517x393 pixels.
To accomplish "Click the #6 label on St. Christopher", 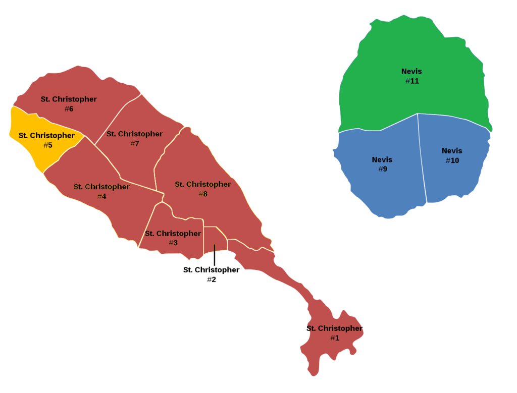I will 69,108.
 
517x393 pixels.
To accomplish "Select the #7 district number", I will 134,143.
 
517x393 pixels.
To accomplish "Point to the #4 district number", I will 101,196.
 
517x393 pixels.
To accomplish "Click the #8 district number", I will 202,194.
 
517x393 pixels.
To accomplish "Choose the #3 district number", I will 173,243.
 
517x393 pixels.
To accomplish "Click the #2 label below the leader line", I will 211,279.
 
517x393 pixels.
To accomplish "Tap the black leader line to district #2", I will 215,255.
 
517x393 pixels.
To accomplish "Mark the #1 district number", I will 334,338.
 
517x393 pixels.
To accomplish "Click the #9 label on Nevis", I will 382,169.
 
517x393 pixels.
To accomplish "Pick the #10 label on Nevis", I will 452,160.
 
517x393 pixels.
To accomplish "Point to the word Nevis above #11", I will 411,71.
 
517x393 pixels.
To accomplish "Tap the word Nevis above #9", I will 382,159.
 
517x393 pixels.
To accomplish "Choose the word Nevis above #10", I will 452,151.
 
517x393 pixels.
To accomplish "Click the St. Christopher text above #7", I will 134,134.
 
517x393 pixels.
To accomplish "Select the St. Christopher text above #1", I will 334,328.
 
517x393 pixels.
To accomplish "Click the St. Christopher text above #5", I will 46,135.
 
